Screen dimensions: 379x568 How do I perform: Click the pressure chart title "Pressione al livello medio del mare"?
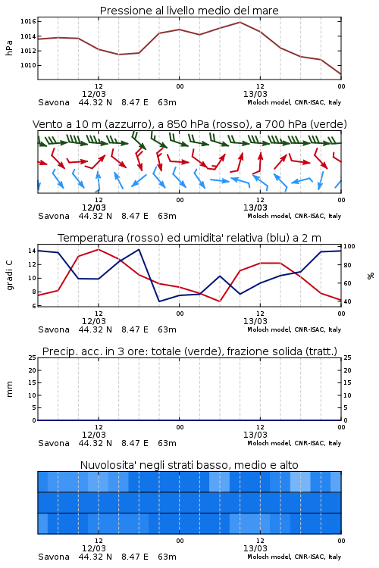coord(189,11)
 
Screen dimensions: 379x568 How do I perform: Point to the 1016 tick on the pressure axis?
coord(28,21)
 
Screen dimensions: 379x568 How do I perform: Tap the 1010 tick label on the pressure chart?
coord(28,65)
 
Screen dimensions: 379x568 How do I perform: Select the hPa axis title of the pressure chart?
coord(9,48)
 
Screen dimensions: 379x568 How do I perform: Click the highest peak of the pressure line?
coord(240,22)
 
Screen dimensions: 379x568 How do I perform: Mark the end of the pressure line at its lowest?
coord(341,74)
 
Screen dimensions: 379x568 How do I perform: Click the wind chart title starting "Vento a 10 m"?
coord(189,124)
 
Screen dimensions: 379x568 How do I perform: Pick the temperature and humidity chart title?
coord(189,238)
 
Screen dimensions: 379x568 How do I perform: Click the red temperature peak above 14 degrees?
coord(99,249)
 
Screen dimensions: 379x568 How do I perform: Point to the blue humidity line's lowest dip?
coord(159,301)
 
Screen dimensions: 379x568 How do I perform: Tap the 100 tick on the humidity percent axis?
coord(349,246)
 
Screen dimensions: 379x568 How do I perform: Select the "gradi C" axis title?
coord(9,276)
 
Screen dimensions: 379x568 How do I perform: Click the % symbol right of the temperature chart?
coord(371,276)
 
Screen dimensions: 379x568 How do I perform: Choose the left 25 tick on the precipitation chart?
coord(33,357)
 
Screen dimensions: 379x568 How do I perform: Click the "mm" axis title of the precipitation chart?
coord(9,389)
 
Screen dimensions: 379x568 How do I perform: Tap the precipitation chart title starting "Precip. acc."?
coord(189,351)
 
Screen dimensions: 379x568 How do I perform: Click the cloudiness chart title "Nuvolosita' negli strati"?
coord(189,465)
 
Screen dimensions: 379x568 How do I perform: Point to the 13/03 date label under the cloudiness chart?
coord(255,548)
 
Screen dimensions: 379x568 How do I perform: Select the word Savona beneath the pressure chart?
coord(54,102)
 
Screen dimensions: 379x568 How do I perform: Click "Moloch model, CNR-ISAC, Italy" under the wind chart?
coord(294,216)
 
